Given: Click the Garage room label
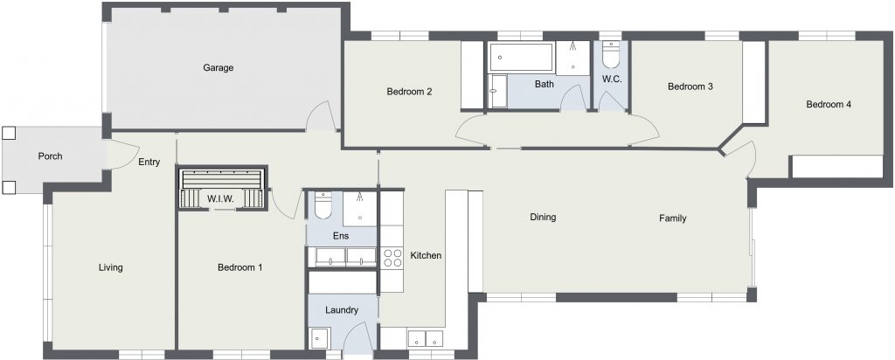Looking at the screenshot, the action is click(x=218, y=68).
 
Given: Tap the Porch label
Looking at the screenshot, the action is click(x=50, y=156).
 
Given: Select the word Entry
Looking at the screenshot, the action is click(x=149, y=162).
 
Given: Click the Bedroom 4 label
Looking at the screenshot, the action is click(x=829, y=104).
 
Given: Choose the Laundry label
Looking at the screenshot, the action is click(x=342, y=310).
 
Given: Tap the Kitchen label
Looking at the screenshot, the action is click(x=426, y=256).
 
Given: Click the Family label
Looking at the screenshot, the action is click(x=672, y=218).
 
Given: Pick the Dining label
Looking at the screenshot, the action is click(x=543, y=217).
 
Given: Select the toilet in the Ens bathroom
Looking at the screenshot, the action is click(x=323, y=206).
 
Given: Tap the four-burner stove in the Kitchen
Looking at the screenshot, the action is click(x=392, y=257).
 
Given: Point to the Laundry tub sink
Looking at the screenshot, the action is click(x=317, y=338).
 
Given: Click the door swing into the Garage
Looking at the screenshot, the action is click(x=320, y=116).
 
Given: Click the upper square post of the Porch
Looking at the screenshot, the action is click(x=8, y=134).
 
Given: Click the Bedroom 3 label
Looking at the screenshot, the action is click(x=690, y=87).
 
